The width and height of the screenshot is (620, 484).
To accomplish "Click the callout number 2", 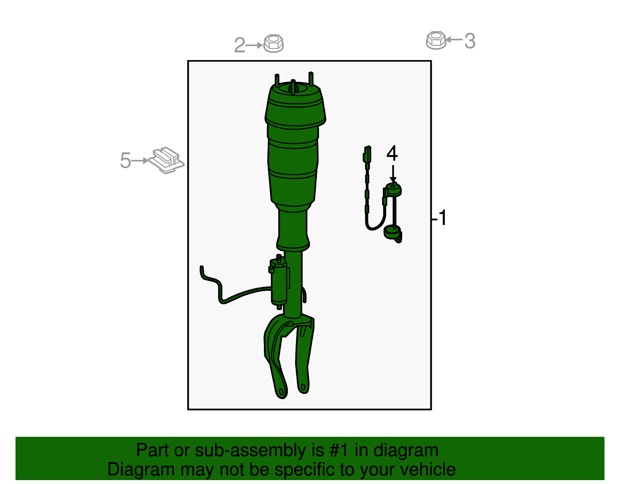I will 239,45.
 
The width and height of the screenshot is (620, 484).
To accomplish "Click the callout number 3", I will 470,41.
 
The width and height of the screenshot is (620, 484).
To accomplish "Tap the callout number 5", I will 125,160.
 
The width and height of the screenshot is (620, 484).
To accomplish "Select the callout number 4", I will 392,153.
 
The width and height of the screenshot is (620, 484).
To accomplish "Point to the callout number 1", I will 442,218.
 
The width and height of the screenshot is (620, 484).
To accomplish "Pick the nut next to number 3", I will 436,40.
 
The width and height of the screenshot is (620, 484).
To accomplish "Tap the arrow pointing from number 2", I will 254,45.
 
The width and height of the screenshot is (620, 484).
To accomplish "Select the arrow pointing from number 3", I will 454,40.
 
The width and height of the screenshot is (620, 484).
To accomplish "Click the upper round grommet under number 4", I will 394,190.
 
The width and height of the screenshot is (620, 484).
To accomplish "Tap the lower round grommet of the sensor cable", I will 392,232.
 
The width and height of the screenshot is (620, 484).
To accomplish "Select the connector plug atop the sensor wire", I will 367,154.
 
